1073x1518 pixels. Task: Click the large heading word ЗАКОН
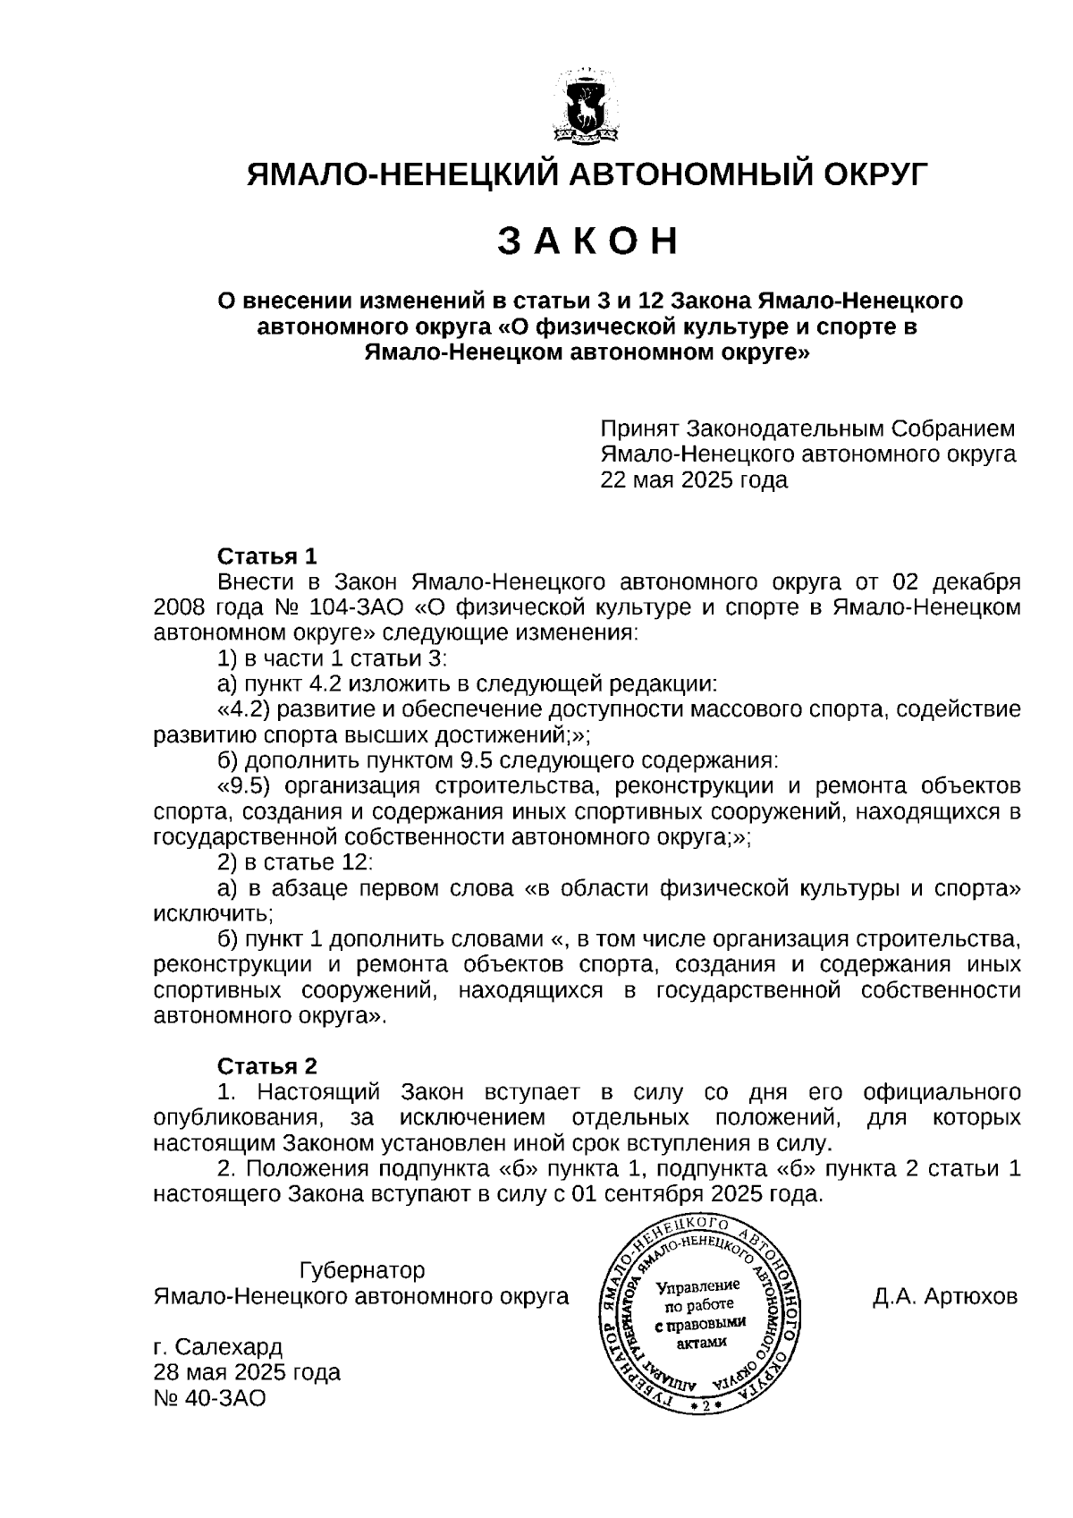pos(587,242)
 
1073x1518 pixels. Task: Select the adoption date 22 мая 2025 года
pos(694,480)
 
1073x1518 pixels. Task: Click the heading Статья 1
pos(267,556)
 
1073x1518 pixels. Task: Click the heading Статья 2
pos(267,1066)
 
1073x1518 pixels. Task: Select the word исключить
pos(212,914)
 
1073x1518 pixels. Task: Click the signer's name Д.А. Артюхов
pos(945,1296)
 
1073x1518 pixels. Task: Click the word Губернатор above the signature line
pos(362,1270)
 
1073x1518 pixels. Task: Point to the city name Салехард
pos(229,1347)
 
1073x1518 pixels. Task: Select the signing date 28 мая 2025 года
pos(247,1372)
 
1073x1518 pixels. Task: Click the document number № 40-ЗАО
pos(210,1398)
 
